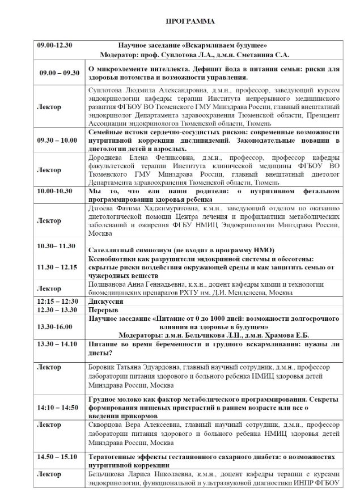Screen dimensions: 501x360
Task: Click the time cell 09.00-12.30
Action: [51, 45]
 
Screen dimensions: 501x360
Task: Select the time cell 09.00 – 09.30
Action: [59, 73]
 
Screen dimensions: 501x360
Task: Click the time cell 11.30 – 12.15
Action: [57, 266]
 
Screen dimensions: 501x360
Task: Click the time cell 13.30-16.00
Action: [55, 326]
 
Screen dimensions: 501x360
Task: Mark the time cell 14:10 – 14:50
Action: [57, 407]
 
